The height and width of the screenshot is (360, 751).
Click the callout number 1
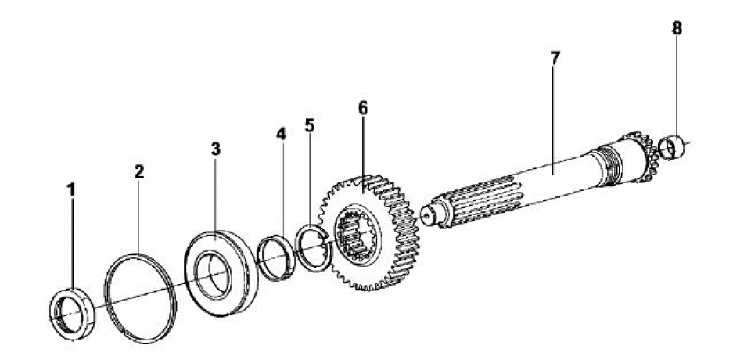click(71, 190)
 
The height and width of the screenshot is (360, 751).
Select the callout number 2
click(139, 171)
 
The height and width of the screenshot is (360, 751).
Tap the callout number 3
click(216, 149)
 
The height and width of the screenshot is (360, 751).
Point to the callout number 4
click(281, 134)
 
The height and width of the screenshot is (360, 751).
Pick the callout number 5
click(310, 125)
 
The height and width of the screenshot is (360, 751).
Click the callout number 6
click(363, 108)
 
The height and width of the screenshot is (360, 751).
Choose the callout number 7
click(554, 59)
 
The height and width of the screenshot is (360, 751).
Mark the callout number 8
click(676, 28)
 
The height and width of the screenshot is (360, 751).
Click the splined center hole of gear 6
click(354, 236)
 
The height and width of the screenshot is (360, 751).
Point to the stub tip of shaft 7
click(428, 216)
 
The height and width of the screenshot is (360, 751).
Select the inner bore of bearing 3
click(213, 275)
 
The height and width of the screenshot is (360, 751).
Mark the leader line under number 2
click(139, 217)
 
